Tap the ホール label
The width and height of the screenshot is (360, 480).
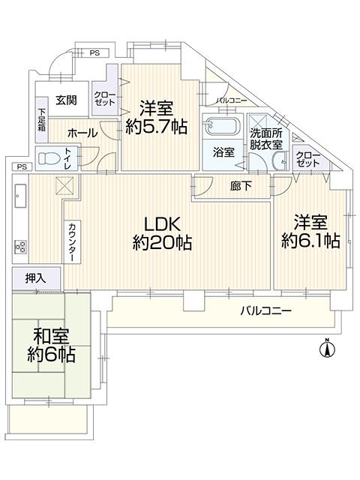(x=81, y=132)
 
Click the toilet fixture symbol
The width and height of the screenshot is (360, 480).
(x=49, y=159)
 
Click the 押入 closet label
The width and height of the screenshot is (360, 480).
(x=35, y=278)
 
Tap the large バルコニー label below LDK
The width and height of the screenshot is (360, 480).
(x=266, y=310)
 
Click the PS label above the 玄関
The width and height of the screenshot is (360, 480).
(x=94, y=52)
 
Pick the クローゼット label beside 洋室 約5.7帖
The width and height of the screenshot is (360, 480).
(x=103, y=99)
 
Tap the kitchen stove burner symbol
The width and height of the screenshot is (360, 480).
(x=20, y=245)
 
